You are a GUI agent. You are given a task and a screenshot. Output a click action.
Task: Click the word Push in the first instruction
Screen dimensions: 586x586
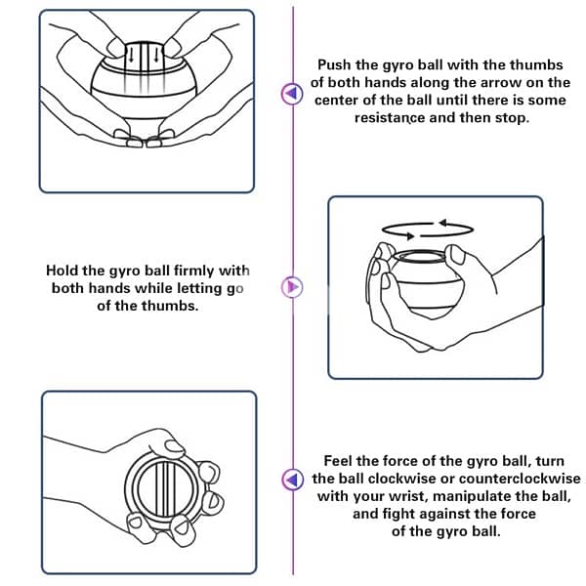(334, 65)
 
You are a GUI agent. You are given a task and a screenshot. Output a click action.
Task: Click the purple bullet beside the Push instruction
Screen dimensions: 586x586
(292, 93)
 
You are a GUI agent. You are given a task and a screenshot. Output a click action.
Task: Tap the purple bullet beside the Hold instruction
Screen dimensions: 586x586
(292, 287)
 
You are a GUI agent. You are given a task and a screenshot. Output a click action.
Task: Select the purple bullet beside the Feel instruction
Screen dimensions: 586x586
(292, 479)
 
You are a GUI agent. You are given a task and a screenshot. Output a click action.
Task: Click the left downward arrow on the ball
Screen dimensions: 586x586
(131, 55)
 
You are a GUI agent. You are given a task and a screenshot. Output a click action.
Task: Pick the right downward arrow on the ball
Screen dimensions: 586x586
(156, 55)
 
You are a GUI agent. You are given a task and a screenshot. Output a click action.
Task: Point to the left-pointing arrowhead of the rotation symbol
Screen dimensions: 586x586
(442, 223)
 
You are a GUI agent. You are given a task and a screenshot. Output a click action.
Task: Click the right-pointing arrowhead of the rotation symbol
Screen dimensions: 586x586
(410, 235)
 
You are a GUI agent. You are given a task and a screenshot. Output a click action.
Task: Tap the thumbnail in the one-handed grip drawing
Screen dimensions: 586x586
(174, 446)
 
